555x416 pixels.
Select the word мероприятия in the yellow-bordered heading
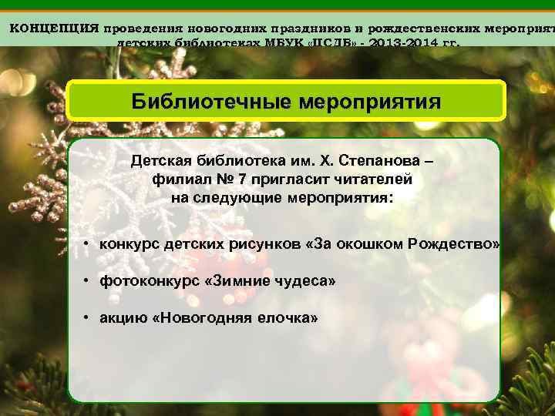click(x=369, y=102)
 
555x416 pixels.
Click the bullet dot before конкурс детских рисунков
click(x=89, y=244)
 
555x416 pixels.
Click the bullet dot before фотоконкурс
click(x=89, y=281)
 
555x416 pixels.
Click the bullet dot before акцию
click(x=89, y=317)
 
